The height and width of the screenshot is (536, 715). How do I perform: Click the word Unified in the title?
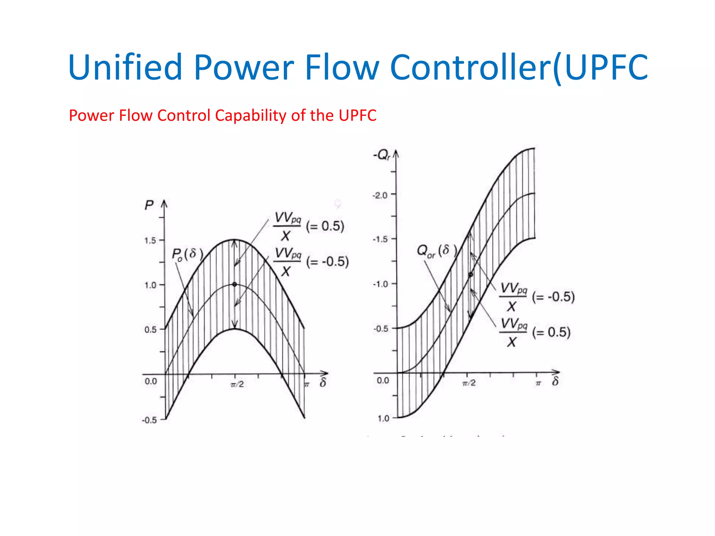pyautogui.click(x=125, y=67)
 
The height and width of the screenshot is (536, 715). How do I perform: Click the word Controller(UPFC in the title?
pyautogui.click(x=518, y=67)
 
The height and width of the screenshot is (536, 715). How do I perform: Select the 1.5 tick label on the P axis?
pyautogui.click(x=150, y=240)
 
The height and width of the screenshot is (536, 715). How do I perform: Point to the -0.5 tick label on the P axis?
pyautogui.click(x=149, y=420)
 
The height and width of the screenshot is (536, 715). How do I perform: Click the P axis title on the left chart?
pyautogui.click(x=149, y=205)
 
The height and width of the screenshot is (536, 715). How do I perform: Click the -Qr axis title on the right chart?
pyautogui.click(x=382, y=155)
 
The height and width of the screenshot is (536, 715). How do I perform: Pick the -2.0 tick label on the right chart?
pyautogui.click(x=380, y=195)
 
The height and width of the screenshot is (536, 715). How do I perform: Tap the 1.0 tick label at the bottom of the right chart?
pyautogui.click(x=383, y=418)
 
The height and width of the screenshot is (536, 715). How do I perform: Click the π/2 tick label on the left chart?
pyautogui.click(x=237, y=385)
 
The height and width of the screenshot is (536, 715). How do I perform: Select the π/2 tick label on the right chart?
pyautogui.click(x=469, y=383)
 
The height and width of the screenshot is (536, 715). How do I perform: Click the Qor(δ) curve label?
pyautogui.click(x=436, y=251)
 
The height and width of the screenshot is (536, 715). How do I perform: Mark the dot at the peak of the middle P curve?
pyautogui.click(x=235, y=284)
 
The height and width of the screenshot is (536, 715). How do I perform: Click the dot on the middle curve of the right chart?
pyautogui.click(x=471, y=275)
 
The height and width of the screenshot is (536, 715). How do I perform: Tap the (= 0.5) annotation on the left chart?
pyautogui.click(x=325, y=226)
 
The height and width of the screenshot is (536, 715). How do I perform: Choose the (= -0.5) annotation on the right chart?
pyautogui.click(x=553, y=297)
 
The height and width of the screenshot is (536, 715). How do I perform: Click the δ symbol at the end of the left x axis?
pyautogui.click(x=323, y=383)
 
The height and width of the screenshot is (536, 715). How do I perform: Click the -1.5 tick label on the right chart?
pyautogui.click(x=380, y=239)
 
